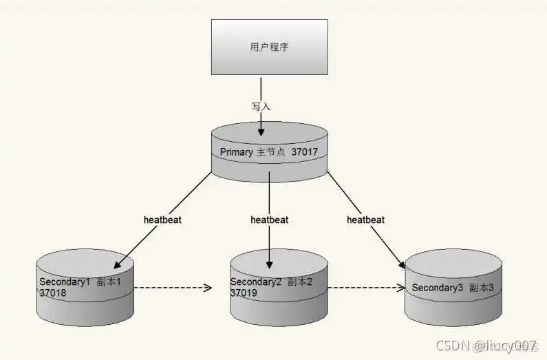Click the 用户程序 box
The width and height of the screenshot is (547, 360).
click(x=269, y=47)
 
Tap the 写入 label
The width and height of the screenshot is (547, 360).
click(x=261, y=107)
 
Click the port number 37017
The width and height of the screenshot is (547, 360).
click(x=305, y=151)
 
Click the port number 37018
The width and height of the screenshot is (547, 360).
click(x=53, y=293)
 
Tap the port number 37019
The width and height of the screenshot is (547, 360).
click(x=244, y=293)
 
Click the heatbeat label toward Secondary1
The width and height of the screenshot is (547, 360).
click(x=162, y=220)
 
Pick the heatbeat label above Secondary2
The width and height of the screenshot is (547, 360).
click(x=269, y=220)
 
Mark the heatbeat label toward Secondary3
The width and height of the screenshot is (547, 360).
click(x=365, y=220)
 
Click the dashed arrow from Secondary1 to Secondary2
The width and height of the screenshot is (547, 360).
click(x=172, y=288)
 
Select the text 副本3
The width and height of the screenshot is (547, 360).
click(x=482, y=288)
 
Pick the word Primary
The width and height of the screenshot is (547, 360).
click(x=237, y=151)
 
